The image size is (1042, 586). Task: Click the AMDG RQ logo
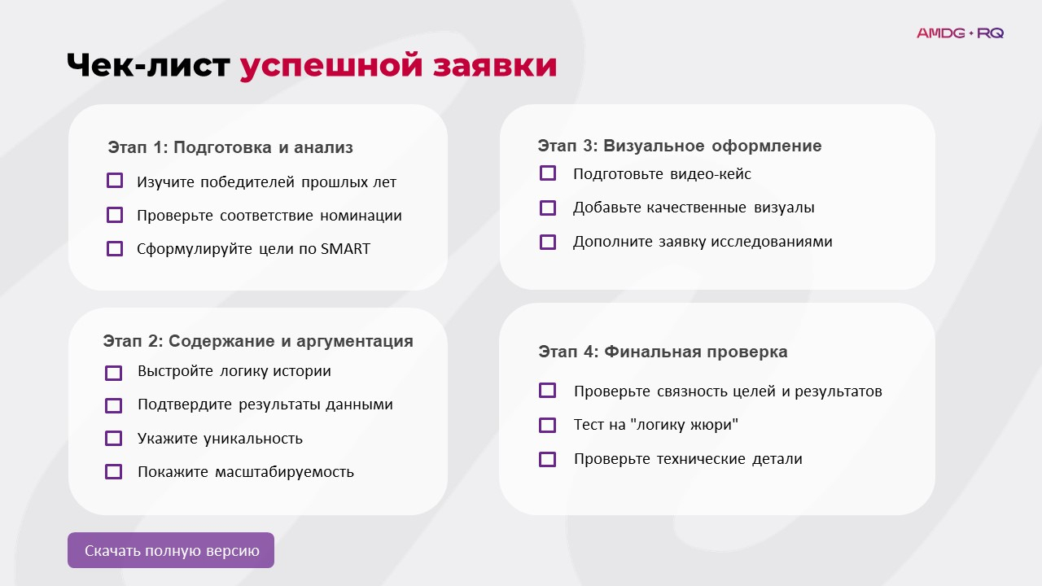[960, 33]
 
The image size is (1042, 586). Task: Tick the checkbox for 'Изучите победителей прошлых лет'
[115, 181]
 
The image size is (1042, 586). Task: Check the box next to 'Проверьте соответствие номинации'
[115, 215]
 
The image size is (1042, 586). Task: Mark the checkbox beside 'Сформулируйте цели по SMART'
[115, 248]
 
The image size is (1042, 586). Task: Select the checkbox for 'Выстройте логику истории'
[114, 372]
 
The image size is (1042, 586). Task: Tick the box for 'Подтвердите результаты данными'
[114, 405]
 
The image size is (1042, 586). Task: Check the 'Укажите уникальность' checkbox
[114, 438]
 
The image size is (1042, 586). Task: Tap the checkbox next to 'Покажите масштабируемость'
[114, 471]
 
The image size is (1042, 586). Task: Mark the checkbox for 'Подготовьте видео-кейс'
[548, 173]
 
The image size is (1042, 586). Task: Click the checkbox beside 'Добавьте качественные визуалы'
[548, 208]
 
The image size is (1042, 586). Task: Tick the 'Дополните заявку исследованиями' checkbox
[548, 242]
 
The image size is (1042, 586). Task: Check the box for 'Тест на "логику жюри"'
[548, 425]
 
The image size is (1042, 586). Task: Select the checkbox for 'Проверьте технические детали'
[548, 459]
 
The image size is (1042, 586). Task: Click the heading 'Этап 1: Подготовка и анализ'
[230, 147]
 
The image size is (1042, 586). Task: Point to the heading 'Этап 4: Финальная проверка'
[663, 352]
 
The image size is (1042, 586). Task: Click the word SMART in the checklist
[345, 249]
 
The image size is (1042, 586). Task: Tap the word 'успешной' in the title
[330, 66]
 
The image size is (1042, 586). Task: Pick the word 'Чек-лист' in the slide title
[149, 66]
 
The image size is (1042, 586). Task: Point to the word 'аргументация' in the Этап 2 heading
[356, 341]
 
